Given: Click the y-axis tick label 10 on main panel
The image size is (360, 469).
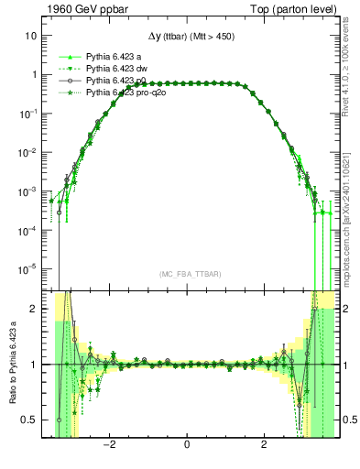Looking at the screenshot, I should tap(30, 36).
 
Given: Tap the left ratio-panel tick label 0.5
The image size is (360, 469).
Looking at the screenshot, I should tap(29, 420).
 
